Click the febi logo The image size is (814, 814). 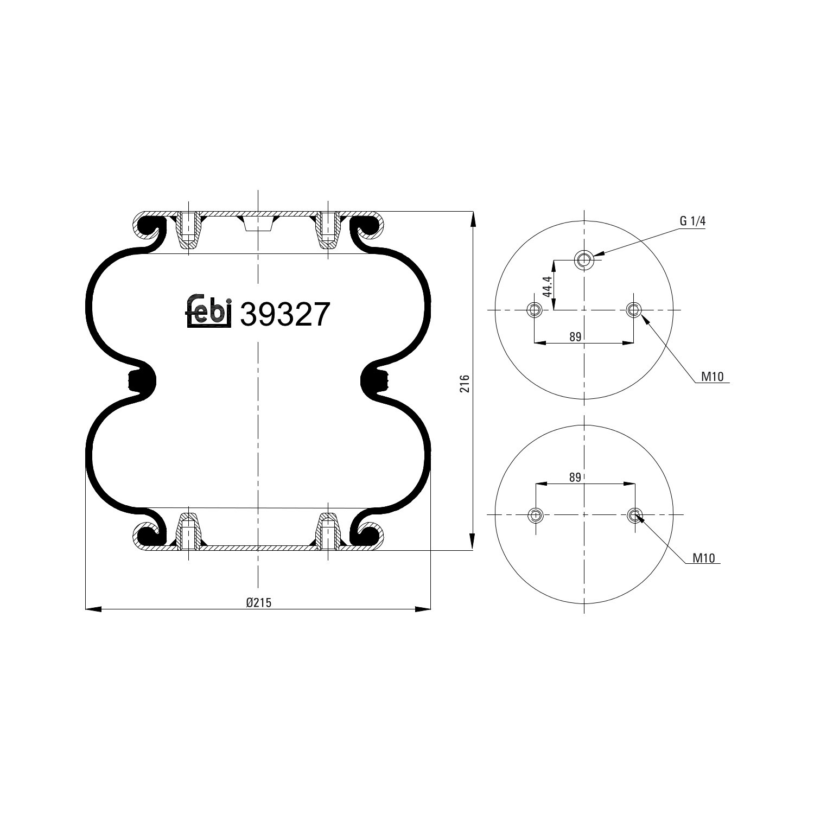point(209,312)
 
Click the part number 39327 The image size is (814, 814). point(284,314)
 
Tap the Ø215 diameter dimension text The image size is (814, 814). point(258,602)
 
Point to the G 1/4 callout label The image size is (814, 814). point(692,221)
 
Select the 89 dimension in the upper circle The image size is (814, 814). point(575,337)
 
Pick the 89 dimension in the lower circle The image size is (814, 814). point(575,478)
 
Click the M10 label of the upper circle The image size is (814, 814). point(712,377)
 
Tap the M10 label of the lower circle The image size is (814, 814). point(704,558)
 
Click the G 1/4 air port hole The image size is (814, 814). point(584,260)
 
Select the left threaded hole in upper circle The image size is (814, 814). point(535,310)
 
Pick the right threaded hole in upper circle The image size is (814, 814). point(633,310)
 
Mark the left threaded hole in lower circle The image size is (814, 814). point(536,514)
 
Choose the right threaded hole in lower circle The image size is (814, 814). point(634,514)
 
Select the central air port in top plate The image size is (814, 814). point(258,222)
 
